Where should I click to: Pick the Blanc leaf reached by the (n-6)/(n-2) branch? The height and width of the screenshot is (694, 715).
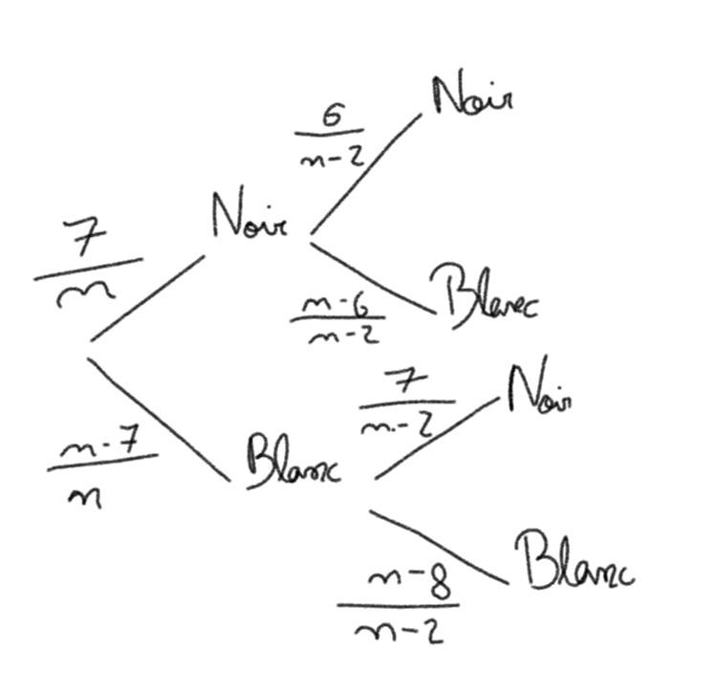[484, 293]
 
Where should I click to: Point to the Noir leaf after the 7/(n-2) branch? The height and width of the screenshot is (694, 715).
[540, 388]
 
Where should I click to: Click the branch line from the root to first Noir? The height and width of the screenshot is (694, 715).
[147, 298]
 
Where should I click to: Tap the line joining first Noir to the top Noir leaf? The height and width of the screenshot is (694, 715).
[366, 173]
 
